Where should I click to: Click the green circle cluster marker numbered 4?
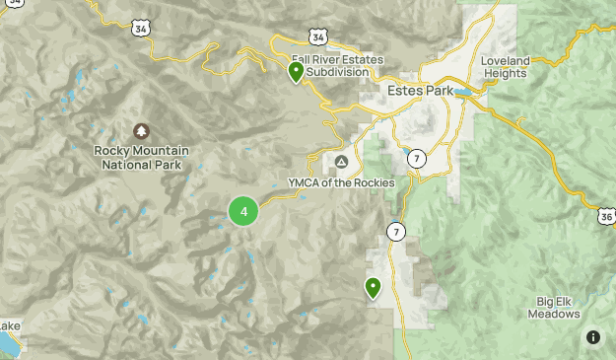(243, 211)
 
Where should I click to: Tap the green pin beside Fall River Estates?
(296, 71)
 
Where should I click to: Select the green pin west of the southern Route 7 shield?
(373, 287)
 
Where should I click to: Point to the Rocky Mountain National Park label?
(141, 158)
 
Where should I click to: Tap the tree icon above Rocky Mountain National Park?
(141, 131)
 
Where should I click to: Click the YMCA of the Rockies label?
(341, 182)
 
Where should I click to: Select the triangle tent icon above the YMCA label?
(341, 162)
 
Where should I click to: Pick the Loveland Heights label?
(506, 67)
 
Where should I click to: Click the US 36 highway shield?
(604, 215)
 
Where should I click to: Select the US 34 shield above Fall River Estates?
(316, 36)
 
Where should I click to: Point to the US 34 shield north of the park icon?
(142, 29)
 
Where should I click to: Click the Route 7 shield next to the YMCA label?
(417, 158)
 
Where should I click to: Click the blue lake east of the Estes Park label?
(462, 94)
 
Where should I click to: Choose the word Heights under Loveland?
(506, 74)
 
